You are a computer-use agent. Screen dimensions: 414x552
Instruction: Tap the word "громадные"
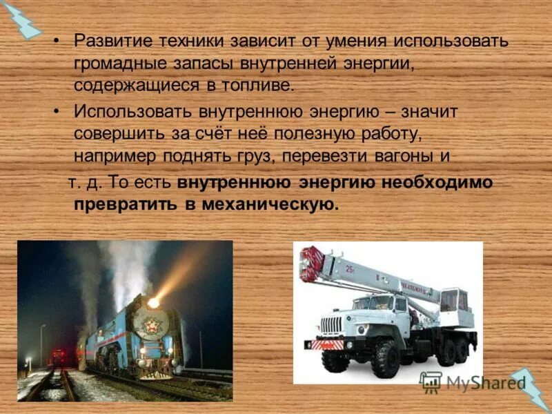(x=112, y=63)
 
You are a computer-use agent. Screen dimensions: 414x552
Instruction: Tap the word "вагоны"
(x=404, y=157)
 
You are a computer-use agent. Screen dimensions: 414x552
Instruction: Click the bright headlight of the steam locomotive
(x=153, y=302)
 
